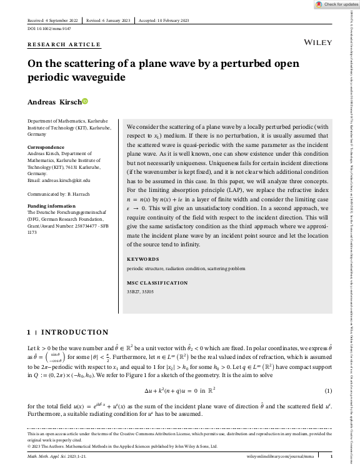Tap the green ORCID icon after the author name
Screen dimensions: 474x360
86,101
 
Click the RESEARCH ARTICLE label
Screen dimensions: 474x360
64,44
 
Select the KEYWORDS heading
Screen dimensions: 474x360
143,259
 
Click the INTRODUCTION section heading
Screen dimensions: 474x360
74,332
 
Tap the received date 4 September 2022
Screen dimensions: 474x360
53,20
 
